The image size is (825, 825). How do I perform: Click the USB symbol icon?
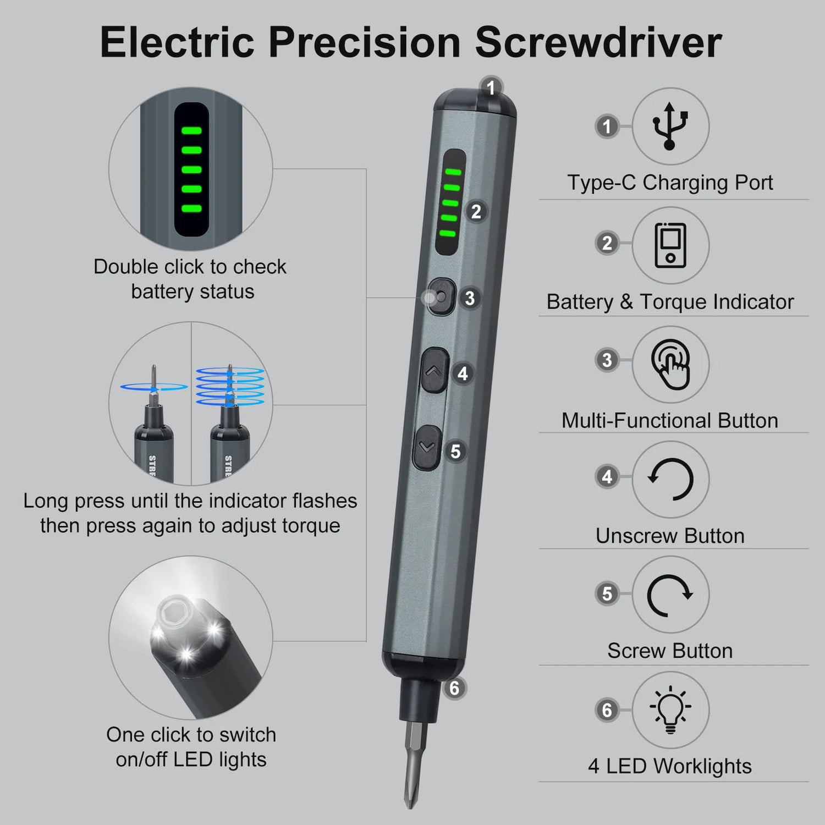[x=670, y=126]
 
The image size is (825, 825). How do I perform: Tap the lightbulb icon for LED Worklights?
[x=670, y=710]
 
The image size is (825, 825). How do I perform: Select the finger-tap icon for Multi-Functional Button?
[x=670, y=365]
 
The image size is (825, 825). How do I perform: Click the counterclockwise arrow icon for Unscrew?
[x=670, y=479]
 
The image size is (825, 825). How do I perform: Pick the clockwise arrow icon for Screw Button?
[x=670, y=595]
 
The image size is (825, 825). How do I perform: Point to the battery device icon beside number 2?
[x=670, y=245]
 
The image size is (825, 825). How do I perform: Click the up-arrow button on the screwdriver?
[x=434, y=370]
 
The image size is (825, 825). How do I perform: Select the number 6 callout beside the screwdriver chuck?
[x=454, y=688]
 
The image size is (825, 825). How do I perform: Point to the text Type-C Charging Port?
[x=670, y=183]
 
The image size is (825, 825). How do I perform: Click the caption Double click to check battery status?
[x=190, y=279]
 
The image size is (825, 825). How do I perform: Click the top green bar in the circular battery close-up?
[x=191, y=131]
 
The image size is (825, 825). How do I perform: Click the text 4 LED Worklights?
[x=670, y=766]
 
